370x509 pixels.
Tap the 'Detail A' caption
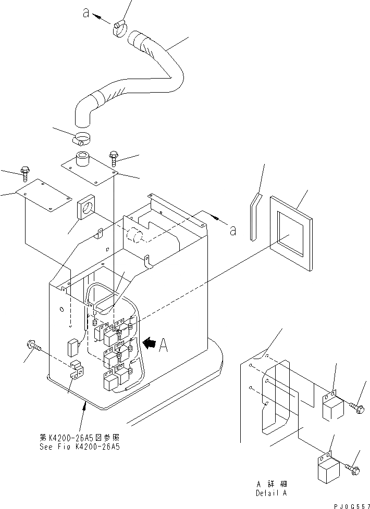point(271,493)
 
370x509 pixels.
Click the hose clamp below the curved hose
point(81,139)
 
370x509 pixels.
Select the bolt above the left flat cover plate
point(25,171)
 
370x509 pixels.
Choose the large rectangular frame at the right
point(291,232)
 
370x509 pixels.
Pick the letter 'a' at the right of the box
point(232,230)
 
